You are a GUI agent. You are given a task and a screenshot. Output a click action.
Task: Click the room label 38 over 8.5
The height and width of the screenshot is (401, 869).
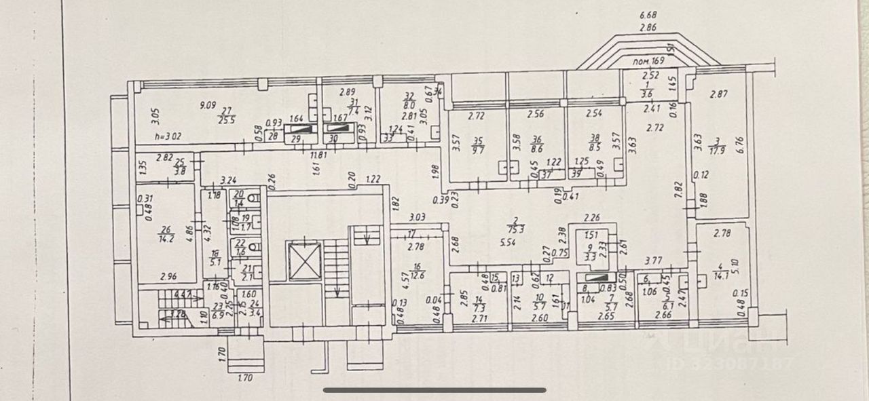tap(594, 144)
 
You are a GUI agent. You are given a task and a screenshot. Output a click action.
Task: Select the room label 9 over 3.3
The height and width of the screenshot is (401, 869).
tap(590, 252)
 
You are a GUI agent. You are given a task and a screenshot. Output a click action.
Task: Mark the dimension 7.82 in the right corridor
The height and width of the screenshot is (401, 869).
tap(677, 189)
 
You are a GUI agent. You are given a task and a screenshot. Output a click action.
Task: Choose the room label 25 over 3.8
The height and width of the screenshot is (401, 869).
tap(180, 167)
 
